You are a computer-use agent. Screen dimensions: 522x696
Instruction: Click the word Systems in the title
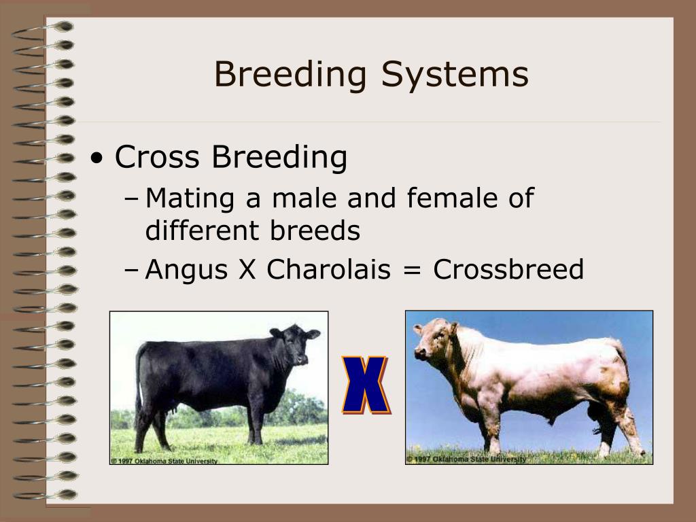[455, 75]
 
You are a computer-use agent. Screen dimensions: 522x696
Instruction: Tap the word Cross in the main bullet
[158, 157]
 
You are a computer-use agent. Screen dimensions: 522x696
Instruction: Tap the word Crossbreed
[508, 270]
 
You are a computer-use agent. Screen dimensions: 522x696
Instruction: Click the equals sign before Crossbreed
[412, 271]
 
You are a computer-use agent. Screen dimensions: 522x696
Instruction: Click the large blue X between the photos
[365, 385]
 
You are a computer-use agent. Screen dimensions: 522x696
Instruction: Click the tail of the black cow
[139, 381]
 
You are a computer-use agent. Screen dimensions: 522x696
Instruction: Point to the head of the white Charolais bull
[432, 340]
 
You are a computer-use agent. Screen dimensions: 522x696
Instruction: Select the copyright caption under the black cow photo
[164, 461]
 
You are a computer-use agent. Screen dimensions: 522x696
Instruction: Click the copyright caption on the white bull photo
[466, 459]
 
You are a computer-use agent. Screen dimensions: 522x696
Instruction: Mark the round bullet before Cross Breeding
[100, 158]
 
